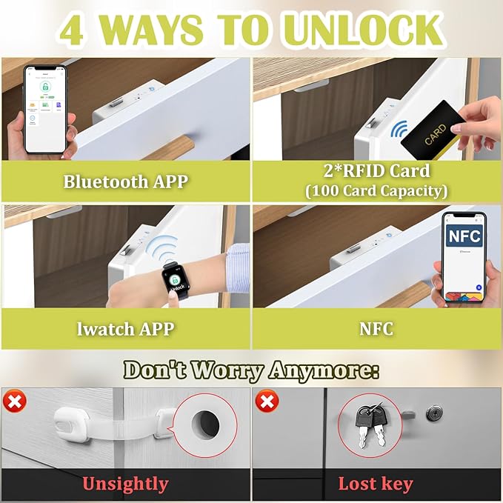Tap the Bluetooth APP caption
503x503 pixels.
(125, 181)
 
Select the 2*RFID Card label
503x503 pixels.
(377, 171)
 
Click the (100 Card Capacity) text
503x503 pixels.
(377, 190)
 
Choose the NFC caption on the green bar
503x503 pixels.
(376, 327)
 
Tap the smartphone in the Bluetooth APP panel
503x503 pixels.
(45, 109)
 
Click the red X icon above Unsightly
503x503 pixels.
(15, 402)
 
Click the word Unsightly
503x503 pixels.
(125, 484)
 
